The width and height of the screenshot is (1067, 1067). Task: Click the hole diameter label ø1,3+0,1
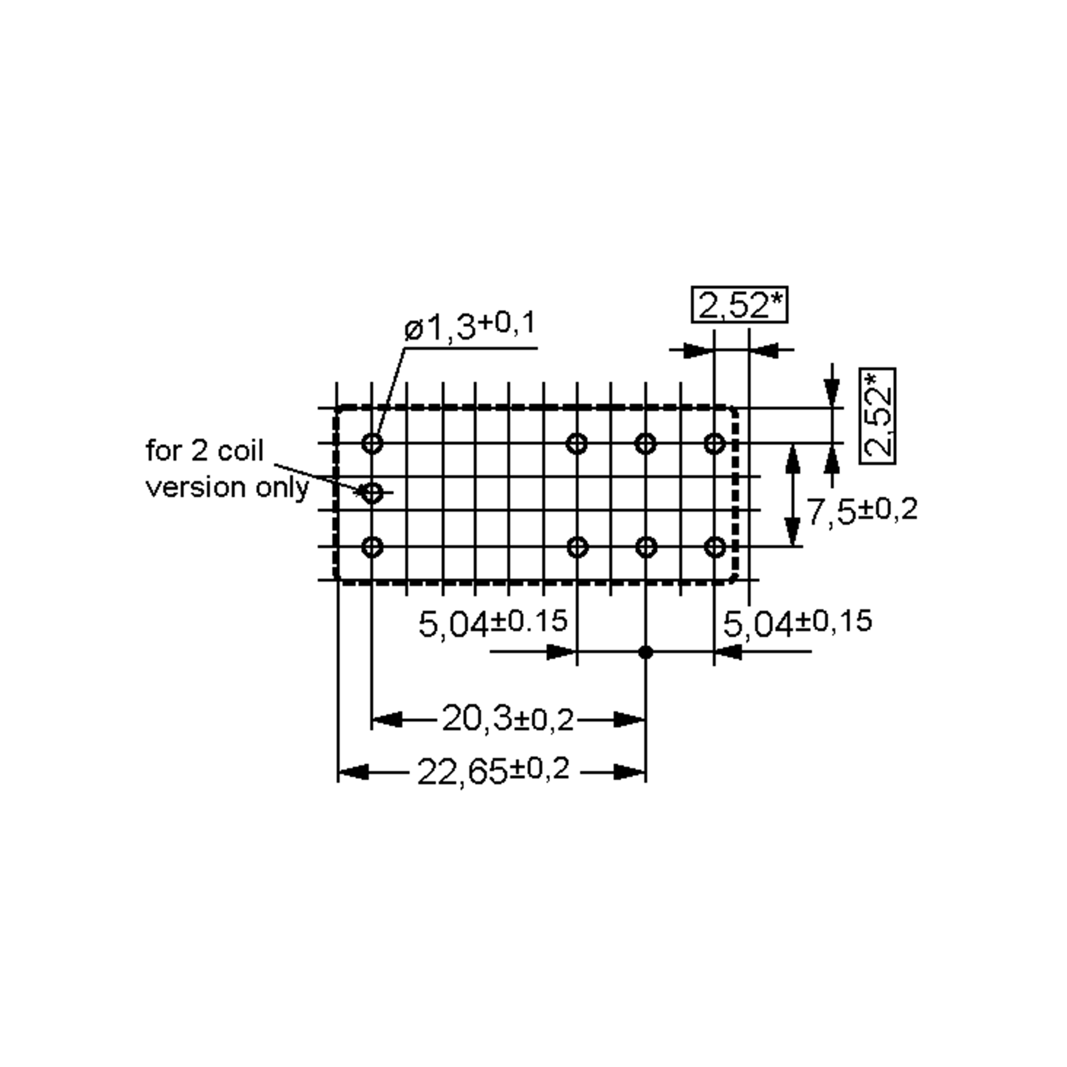[x=470, y=326]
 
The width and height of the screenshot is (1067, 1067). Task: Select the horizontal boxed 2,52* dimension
[x=739, y=305]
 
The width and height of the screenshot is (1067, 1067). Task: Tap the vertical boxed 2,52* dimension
[x=878, y=416]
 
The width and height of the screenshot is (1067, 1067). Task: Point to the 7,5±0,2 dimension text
[x=862, y=510]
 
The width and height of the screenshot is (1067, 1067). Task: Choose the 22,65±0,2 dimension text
[x=493, y=771]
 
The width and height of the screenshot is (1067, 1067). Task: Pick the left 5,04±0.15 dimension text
[x=493, y=623]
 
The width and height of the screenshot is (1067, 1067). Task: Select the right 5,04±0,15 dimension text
[x=797, y=622]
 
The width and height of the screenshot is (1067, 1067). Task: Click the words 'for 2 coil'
[x=205, y=451]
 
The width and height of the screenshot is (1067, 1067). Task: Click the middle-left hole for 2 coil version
[x=372, y=493]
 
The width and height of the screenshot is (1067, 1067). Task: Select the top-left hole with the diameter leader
[x=372, y=443]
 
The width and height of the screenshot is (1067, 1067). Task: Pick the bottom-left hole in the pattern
[x=372, y=547]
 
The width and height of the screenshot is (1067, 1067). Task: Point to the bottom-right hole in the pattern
[x=715, y=547]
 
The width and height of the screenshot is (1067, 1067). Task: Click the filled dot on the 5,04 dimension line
[x=645, y=652]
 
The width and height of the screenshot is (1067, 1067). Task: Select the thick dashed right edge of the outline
[x=734, y=494]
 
